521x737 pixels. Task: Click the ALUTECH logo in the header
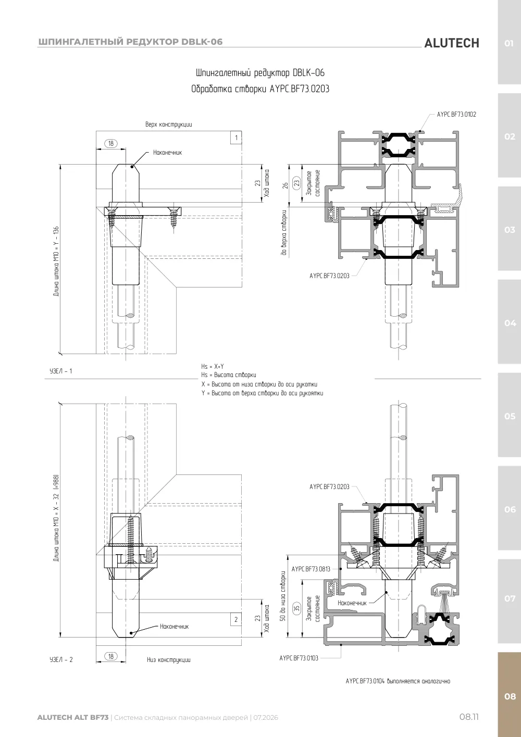[452, 43]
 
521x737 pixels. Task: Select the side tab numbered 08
[510, 696]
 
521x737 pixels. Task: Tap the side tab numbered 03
[510, 229]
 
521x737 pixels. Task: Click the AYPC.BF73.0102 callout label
[456, 115]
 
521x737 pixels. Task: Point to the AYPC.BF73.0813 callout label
[311, 569]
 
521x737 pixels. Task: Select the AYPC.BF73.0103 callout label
[299, 658]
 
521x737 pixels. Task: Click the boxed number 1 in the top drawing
[236, 138]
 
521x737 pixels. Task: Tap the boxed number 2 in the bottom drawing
[236, 619]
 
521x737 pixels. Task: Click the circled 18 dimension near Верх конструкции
[111, 143]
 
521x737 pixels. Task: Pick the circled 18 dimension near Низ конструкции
[111, 656]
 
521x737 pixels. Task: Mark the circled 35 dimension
[297, 608]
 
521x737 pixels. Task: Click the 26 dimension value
[286, 185]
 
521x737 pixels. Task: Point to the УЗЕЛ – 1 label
[61, 371]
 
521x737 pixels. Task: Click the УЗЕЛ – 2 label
[61, 659]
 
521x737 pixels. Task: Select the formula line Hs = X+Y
[213, 367]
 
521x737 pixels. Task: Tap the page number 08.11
[469, 717]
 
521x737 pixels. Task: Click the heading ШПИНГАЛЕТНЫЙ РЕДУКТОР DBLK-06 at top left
[130, 42]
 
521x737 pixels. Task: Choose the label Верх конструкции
[168, 124]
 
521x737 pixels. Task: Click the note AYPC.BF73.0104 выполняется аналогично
[398, 681]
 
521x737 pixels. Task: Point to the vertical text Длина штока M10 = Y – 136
[56, 261]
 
